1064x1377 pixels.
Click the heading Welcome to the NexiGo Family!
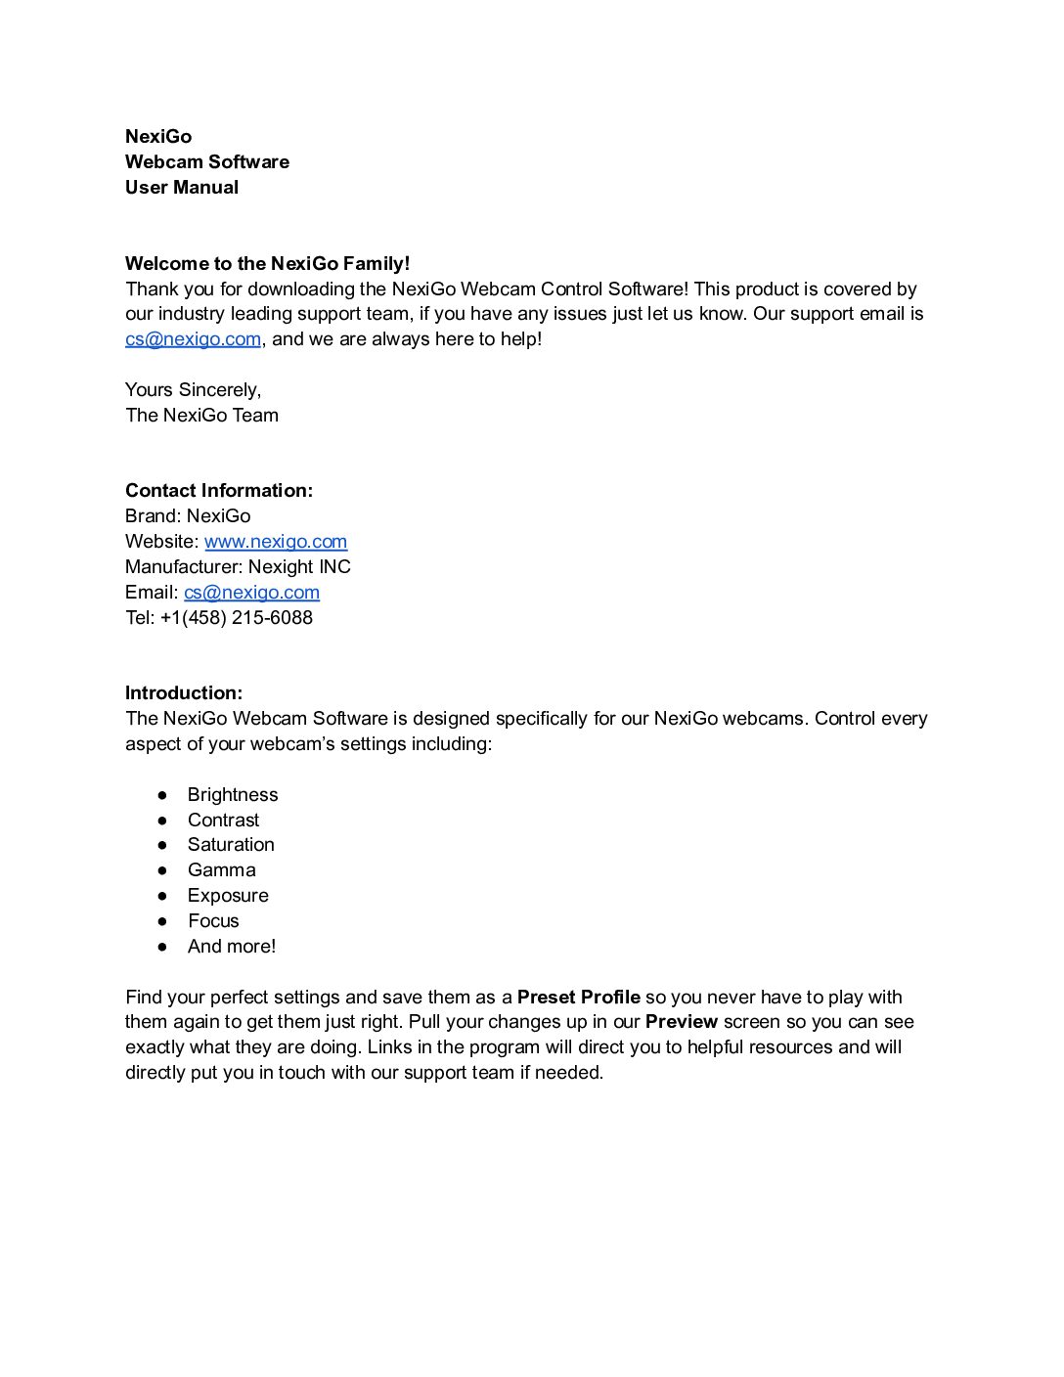[x=267, y=263]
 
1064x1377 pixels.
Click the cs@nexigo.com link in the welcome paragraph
[x=193, y=339]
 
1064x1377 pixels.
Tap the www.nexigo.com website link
[x=276, y=542]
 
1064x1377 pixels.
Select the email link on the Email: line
[x=251, y=593]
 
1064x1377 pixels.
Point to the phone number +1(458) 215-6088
[x=237, y=618]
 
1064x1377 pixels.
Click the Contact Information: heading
[x=219, y=491]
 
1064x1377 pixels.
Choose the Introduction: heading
[x=184, y=693]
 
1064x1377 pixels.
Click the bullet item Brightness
[x=233, y=795]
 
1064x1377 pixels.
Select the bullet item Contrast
[x=223, y=821]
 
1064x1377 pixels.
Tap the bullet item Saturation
[x=231, y=845]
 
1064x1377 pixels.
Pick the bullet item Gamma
[x=221, y=870]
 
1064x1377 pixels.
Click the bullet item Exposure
[x=228, y=896]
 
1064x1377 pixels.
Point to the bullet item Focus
[x=213, y=921]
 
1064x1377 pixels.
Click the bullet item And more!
[x=232, y=947]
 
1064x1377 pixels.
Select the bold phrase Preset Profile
[x=578, y=998]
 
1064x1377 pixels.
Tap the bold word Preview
[x=681, y=1022]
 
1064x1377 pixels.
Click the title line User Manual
[x=182, y=188]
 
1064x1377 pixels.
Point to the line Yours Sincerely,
[x=194, y=390]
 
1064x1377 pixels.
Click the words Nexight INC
[x=299, y=567]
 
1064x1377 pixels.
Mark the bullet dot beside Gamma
[x=162, y=870]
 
